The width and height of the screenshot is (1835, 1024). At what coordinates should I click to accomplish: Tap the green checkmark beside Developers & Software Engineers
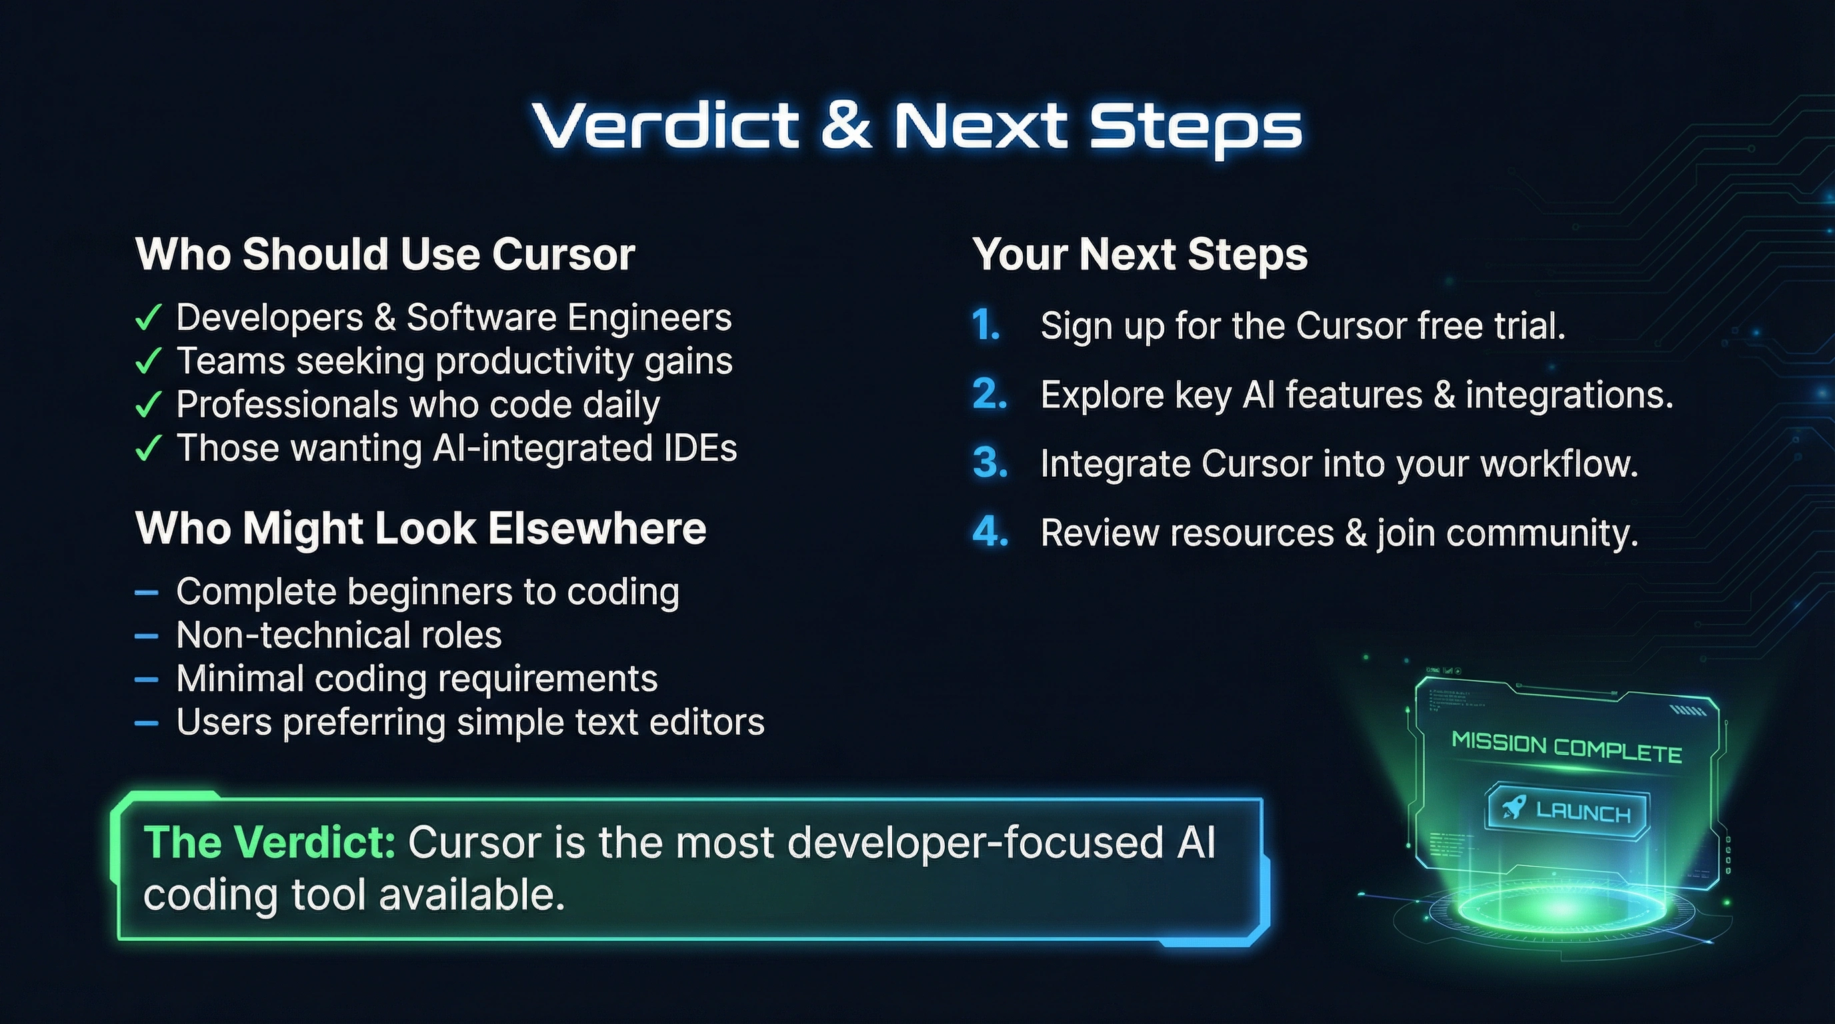(x=148, y=317)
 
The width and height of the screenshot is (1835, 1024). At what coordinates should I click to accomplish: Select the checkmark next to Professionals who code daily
(x=148, y=405)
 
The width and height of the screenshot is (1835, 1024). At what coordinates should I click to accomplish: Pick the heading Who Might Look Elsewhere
(x=421, y=529)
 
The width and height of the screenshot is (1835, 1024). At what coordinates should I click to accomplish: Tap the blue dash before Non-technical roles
(x=146, y=635)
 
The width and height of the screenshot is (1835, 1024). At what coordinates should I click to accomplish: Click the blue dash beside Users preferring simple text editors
(x=146, y=723)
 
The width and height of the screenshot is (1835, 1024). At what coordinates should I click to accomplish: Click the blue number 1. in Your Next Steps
(x=986, y=325)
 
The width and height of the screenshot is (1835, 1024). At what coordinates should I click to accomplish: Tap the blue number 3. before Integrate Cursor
(x=990, y=463)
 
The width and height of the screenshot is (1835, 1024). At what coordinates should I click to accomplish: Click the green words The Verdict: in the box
(x=269, y=843)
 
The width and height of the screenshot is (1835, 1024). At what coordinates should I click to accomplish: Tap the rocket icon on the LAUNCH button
(x=1513, y=807)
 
